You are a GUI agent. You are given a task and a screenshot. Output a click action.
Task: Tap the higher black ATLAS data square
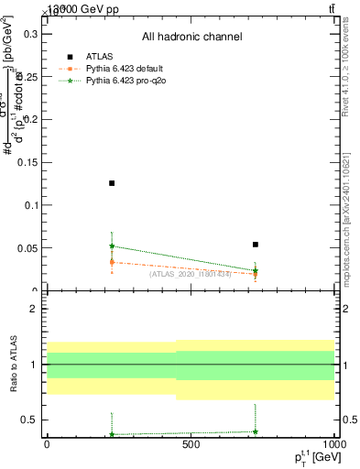112,183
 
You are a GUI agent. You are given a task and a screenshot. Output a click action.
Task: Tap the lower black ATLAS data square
256,245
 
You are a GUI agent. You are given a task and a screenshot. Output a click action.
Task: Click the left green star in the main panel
112,245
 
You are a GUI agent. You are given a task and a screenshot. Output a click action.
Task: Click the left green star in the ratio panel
112,434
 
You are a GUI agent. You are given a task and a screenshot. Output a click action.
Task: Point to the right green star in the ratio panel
256,431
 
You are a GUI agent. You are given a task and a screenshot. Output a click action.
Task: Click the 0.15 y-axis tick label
25,162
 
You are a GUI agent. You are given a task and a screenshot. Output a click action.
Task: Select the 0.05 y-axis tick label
25,248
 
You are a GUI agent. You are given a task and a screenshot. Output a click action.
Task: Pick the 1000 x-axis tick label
333,445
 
